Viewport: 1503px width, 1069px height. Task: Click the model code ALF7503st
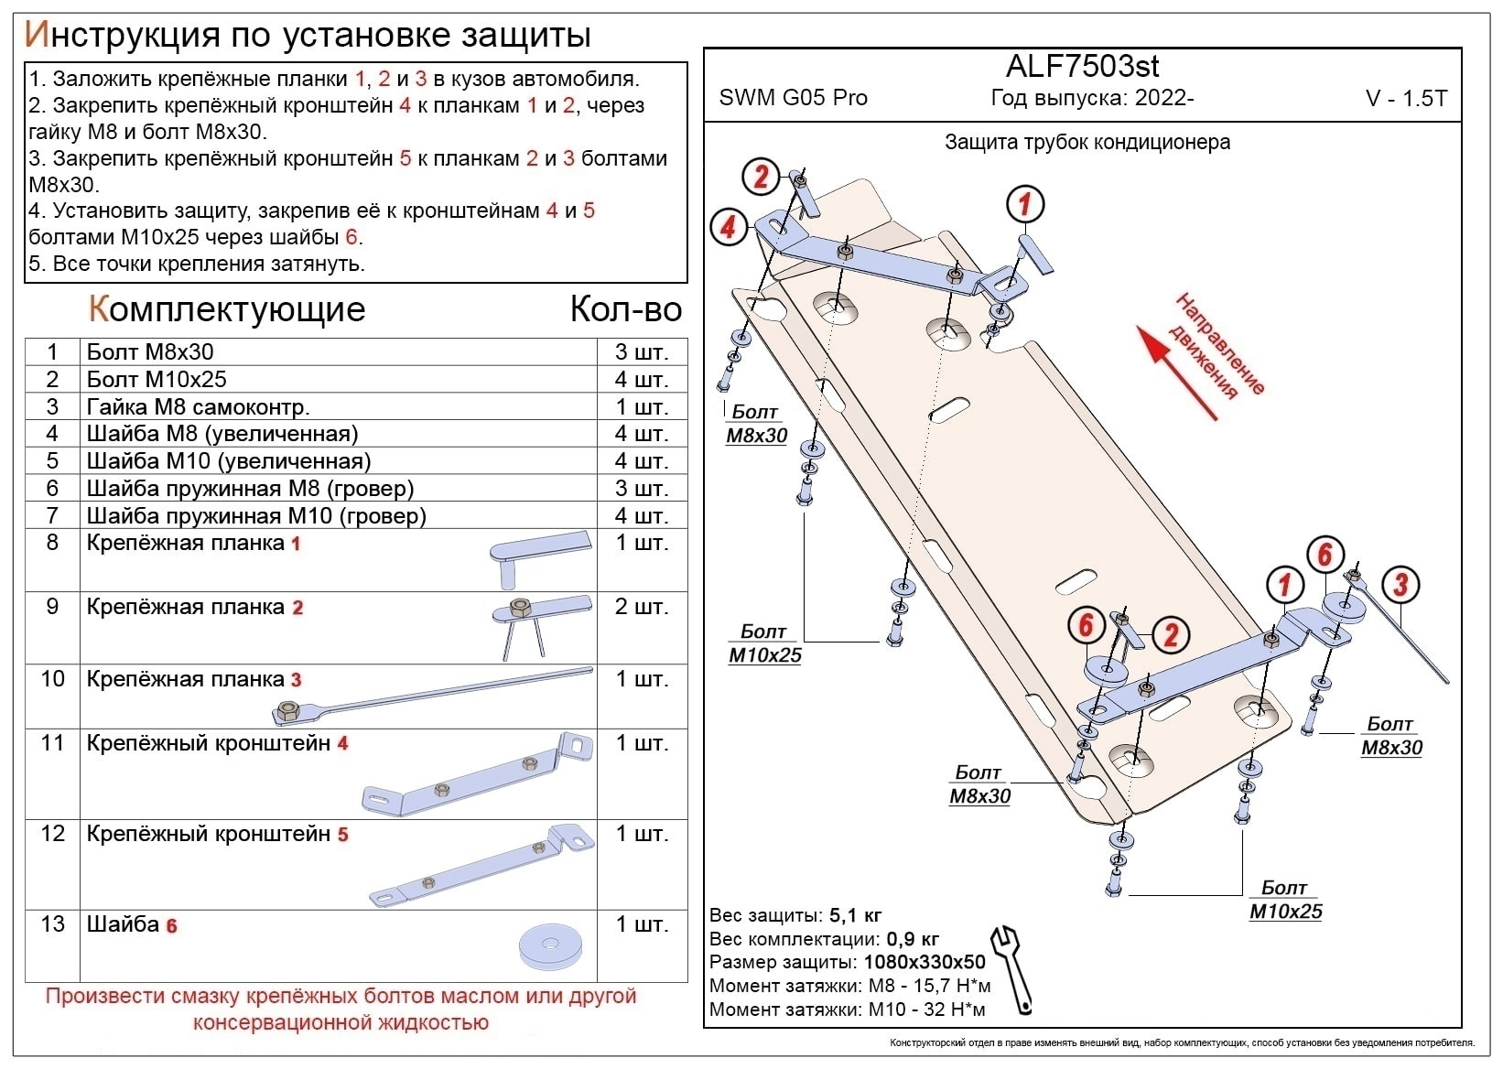point(1082,67)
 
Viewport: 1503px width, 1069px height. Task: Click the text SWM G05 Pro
point(793,98)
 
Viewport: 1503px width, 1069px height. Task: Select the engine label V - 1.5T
point(1406,99)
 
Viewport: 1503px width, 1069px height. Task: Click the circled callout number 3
point(1400,585)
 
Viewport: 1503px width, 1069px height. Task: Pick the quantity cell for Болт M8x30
point(642,352)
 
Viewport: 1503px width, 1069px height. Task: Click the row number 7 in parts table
point(52,516)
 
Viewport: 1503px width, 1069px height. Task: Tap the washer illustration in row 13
point(550,946)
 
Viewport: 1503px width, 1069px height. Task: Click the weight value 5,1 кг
point(855,915)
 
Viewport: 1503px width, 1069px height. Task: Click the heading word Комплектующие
point(226,309)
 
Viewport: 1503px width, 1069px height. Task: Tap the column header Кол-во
point(626,309)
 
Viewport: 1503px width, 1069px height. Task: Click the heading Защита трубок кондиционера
point(1087,143)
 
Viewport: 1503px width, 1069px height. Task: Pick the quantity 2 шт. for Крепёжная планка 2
point(642,607)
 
